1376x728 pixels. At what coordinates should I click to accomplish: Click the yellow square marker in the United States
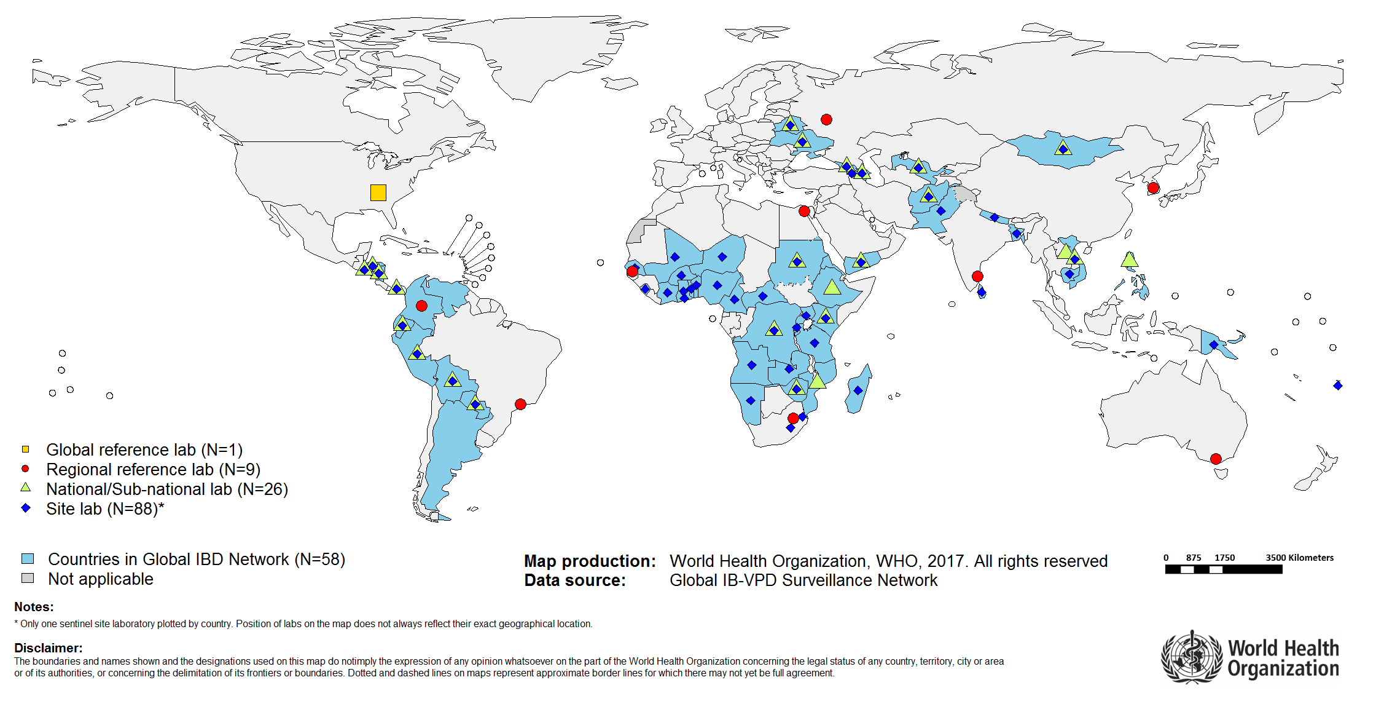click(x=378, y=192)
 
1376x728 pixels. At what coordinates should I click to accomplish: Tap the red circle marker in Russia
click(x=826, y=119)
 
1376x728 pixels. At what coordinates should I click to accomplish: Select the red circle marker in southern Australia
click(x=1215, y=459)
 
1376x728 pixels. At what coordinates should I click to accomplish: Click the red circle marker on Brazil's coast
click(x=520, y=404)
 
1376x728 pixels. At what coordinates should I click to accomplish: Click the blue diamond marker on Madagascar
click(x=858, y=390)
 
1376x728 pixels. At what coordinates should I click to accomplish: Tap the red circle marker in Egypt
click(x=804, y=212)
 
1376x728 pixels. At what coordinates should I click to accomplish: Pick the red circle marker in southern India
click(x=977, y=276)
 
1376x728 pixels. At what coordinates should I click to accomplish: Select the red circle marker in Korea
click(x=1153, y=188)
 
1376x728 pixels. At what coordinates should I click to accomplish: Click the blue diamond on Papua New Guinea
click(x=1213, y=345)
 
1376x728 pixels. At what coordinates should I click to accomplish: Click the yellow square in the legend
click(x=25, y=449)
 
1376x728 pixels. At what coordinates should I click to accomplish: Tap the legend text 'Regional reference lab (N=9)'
click(x=153, y=470)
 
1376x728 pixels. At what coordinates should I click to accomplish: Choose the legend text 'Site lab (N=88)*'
click(x=105, y=509)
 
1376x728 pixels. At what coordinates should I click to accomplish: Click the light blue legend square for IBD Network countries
click(x=28, y=559)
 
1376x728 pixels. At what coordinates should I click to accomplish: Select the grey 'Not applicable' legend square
click(x=28, y=579)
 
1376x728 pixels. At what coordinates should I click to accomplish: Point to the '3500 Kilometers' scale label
click(x=1299, y=558)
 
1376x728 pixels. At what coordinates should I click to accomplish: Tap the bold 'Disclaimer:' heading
click(x=48, y=648)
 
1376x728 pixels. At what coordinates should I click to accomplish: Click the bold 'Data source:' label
click(x=575, y=580)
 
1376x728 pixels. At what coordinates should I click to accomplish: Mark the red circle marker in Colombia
click(x=421, y=306)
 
